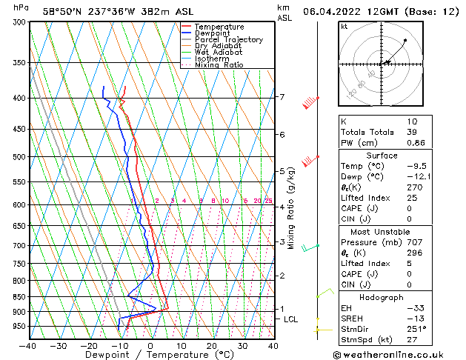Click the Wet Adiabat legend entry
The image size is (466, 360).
(x=218, y=52)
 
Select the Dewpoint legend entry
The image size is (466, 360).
(x=212, y=33)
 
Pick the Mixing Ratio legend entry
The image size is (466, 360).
(x=219, y=65)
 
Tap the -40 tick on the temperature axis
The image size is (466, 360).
(x=28, y=346)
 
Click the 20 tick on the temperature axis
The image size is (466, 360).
(x=212, y=346)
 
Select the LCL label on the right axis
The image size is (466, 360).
(x=290, y=319)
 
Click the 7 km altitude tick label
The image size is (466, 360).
(x=282, y=97)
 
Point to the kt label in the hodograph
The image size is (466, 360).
(x=344, y=27)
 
